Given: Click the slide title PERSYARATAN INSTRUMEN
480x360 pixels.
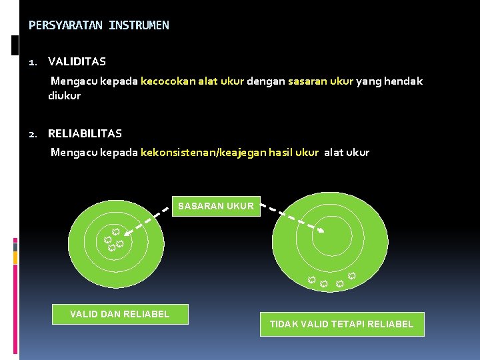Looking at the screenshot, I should [x=99, y=26].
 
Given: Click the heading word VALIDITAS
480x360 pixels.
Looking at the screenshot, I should [x=77, y=62].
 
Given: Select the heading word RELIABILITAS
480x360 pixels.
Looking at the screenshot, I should [x=85, y=134].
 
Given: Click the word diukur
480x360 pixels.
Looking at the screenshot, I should [x=64, y=96].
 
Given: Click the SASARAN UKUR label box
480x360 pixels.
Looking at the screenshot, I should [x=215, y=206].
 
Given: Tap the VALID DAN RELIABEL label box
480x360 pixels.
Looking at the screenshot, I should [x=120, y=314].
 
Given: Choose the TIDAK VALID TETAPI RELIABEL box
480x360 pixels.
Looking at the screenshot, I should [x=341, y=324].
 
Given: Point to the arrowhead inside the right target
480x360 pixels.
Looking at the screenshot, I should [x=321, y=231].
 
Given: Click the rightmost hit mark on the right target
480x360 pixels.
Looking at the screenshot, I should [x=351, y=276].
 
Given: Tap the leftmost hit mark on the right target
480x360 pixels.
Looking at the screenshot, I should [x=311, y=280].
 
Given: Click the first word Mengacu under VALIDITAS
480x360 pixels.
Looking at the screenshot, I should [x=73, y=81].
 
